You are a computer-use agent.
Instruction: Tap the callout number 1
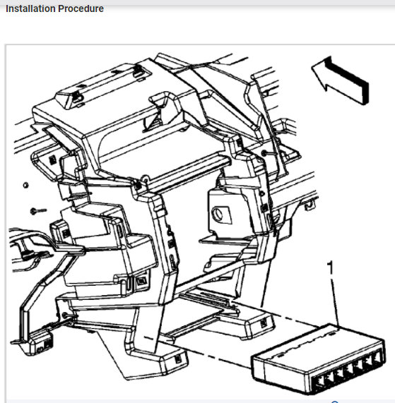[329, 267]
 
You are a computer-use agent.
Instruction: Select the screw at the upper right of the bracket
[263, 153]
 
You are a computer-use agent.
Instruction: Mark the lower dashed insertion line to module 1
[212, 354]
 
